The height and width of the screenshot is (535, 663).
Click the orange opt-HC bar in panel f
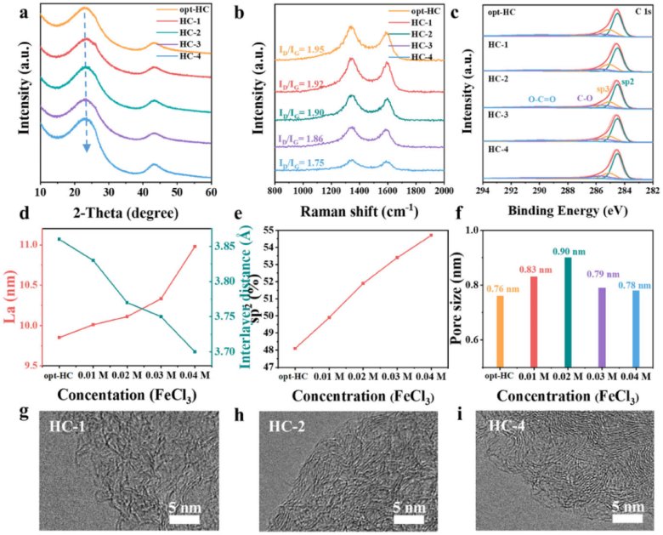tap(494, 332)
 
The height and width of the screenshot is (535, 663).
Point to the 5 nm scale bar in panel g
tap(183, 518)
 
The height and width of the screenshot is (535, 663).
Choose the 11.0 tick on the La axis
tap(28, 245)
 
